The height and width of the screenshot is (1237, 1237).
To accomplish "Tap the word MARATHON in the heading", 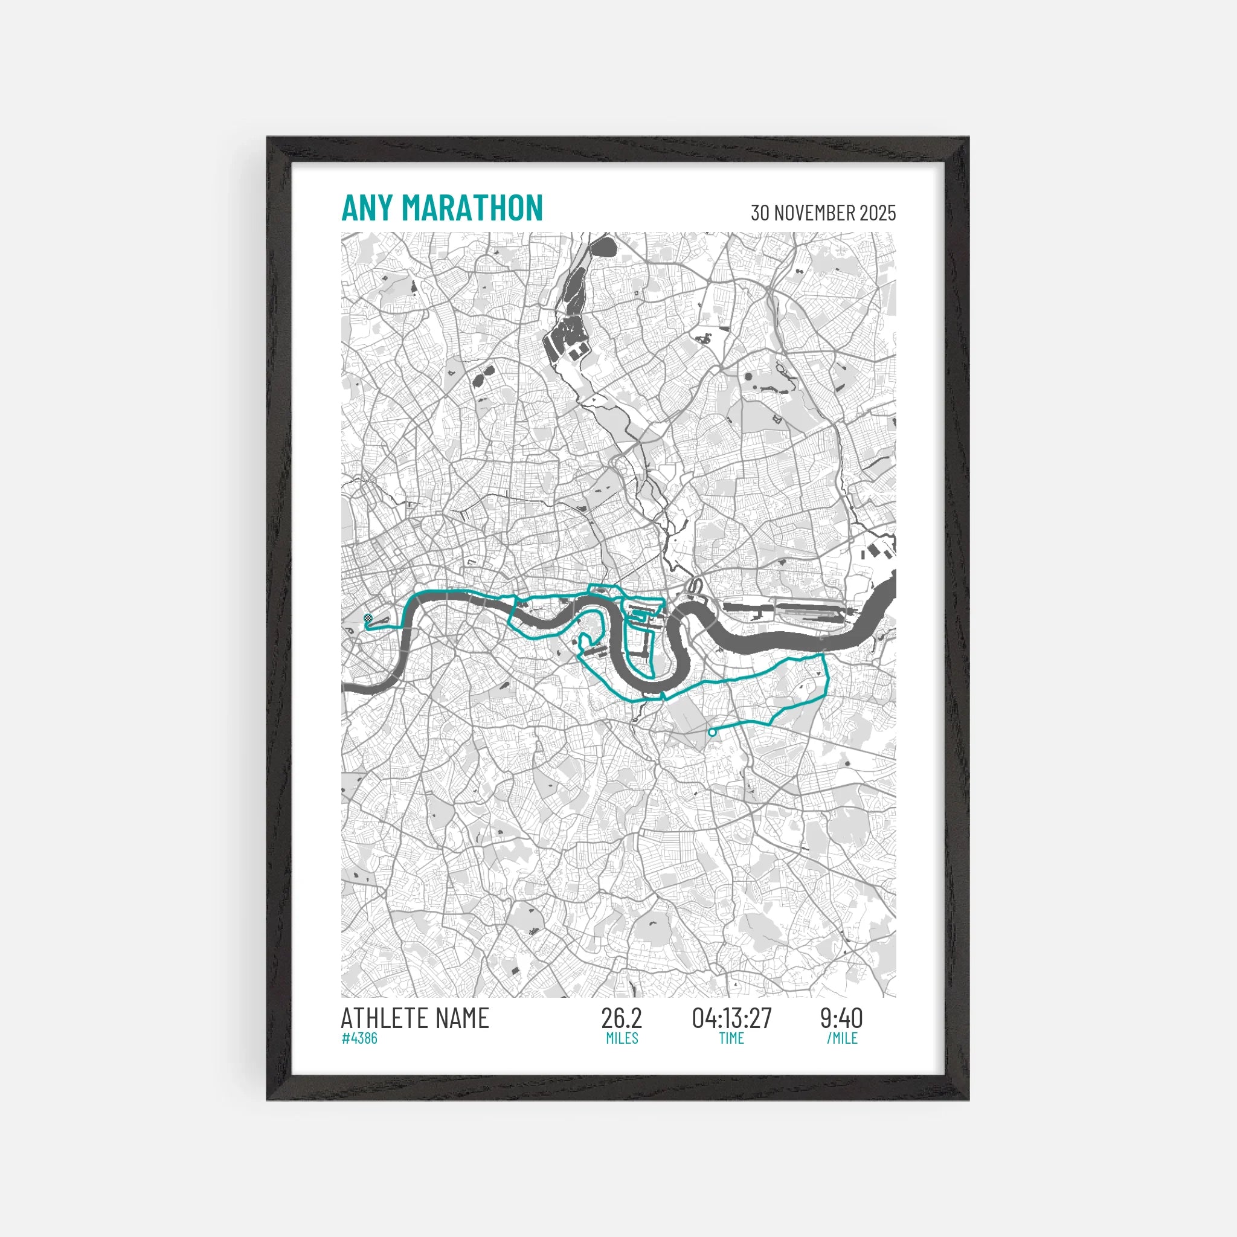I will [x=472, y=208].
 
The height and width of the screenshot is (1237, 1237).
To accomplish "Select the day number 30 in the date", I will [x=760, y=213].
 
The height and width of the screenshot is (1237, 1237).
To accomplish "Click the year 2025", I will [x=877, y=213].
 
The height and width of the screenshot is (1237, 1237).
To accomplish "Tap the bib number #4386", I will [x=359, y=1038].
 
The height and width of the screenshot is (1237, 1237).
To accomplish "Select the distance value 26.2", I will [x=621, y=1019].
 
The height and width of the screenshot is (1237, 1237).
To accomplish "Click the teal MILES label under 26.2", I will [x=622, y=1038].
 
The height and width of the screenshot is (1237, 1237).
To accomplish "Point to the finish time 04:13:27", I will [x=732, y=1019].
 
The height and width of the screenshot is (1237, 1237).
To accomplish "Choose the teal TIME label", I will [x=731, y=1038].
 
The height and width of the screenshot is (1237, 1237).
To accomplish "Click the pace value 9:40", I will [x=841, y=1019].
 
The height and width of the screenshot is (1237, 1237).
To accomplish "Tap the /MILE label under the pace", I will [x=841, y=1038].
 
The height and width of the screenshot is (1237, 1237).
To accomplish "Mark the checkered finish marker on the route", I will [x=367, y=618].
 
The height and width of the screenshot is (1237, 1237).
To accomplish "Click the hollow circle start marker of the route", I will [x=712, y=733].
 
